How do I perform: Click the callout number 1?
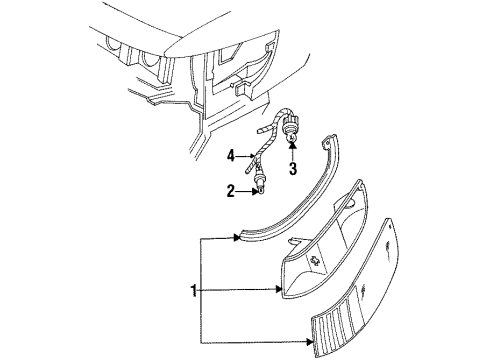[194, 290]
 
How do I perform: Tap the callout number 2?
[231, 191]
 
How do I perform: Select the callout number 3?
[293, 169]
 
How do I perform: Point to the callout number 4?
[231, 156]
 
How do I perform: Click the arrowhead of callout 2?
[256, 191]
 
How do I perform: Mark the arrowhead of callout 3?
[292, 145]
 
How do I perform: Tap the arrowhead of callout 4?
[252, 156]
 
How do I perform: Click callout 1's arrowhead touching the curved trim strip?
[237, 238]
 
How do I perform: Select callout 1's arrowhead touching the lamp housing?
[279, 290]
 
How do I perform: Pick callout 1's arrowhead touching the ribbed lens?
[310, 342]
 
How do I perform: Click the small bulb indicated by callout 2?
[261, 189]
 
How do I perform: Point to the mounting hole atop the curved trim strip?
[327, 142]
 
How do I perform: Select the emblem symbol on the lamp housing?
[314, 260]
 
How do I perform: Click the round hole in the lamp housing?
[350, 204]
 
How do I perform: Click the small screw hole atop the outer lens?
[390, 227]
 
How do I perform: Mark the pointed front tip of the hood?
[166, 53]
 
